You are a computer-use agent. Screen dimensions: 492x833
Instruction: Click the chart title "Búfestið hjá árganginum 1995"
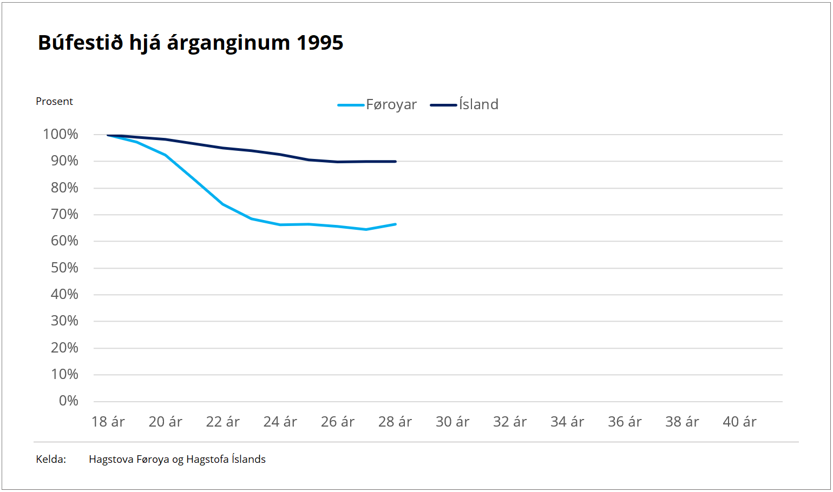click(191, 43)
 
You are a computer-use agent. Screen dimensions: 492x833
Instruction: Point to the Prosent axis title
click(54, 102)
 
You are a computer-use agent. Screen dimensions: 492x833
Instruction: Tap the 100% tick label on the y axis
click(61, 135)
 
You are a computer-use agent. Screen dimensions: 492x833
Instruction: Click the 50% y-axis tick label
click(64, 268)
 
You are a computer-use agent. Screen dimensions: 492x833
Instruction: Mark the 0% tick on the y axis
click(69, 401)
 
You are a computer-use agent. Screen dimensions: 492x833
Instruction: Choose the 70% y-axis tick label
click(64, 215)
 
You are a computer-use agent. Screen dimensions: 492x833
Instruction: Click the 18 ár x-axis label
click(108, 422)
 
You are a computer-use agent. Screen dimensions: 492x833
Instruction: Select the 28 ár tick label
click(395, 422)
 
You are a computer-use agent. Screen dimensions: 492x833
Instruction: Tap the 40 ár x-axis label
click(739, 422)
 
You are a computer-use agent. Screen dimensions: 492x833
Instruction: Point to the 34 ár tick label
click(567, 422)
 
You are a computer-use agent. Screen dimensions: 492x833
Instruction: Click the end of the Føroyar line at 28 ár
click(395, 224)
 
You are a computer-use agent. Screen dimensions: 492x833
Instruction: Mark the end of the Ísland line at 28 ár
click(395, 162)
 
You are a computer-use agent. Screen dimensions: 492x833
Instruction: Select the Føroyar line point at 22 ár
click(223, 204)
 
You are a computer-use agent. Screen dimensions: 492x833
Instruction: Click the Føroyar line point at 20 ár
click(166, 155)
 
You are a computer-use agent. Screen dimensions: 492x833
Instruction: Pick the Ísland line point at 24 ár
click(280, 155)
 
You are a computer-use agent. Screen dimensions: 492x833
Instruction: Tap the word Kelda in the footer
click(51, 460)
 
